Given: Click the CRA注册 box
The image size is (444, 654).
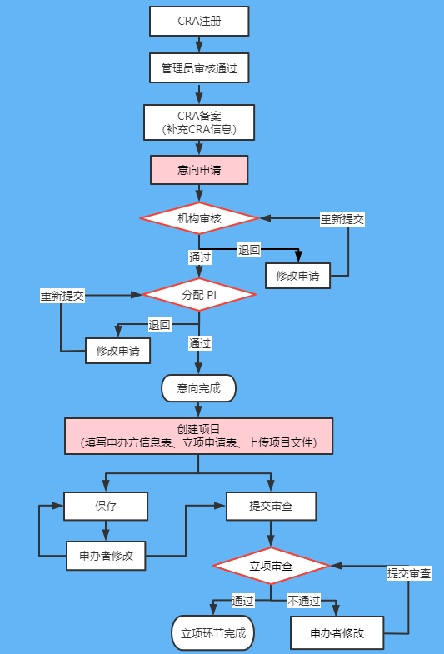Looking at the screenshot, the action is pos(199,21).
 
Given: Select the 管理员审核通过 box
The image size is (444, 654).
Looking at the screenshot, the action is pos(199,68).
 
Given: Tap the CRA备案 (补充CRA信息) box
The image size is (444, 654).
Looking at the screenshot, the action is pos(199,122).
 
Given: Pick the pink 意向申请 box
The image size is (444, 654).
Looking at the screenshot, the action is pos(199,170).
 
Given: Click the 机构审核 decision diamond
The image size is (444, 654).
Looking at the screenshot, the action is pos(199,218).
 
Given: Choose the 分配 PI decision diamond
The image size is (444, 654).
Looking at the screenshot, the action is pos(199,294).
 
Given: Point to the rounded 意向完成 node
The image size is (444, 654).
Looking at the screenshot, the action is pos(198,388).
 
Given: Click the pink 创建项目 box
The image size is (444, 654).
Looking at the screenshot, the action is pos(198,436).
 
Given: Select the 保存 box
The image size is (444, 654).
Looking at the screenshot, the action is pos(106,506).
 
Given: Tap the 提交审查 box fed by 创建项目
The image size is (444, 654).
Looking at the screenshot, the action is pos(271,506).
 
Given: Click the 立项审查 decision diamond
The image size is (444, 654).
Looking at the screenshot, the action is pos(271,566).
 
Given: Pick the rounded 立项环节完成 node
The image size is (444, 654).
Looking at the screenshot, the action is pos(213,632).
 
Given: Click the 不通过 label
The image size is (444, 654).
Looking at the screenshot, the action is pos(304,601).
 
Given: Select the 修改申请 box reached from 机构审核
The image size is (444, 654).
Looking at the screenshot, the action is pos(297,276).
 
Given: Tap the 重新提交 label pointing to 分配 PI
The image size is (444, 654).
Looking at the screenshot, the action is pos(62,296).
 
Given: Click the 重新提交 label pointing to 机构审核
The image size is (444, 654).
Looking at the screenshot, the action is pos(342,219).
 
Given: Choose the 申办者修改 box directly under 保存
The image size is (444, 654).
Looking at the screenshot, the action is pos(106,556).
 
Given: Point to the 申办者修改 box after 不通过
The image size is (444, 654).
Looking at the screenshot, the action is pos(337,632).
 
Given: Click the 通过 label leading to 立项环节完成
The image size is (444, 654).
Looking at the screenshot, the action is pos(242,601).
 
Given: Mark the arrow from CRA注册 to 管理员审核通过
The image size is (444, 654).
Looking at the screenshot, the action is pos(199,44).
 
